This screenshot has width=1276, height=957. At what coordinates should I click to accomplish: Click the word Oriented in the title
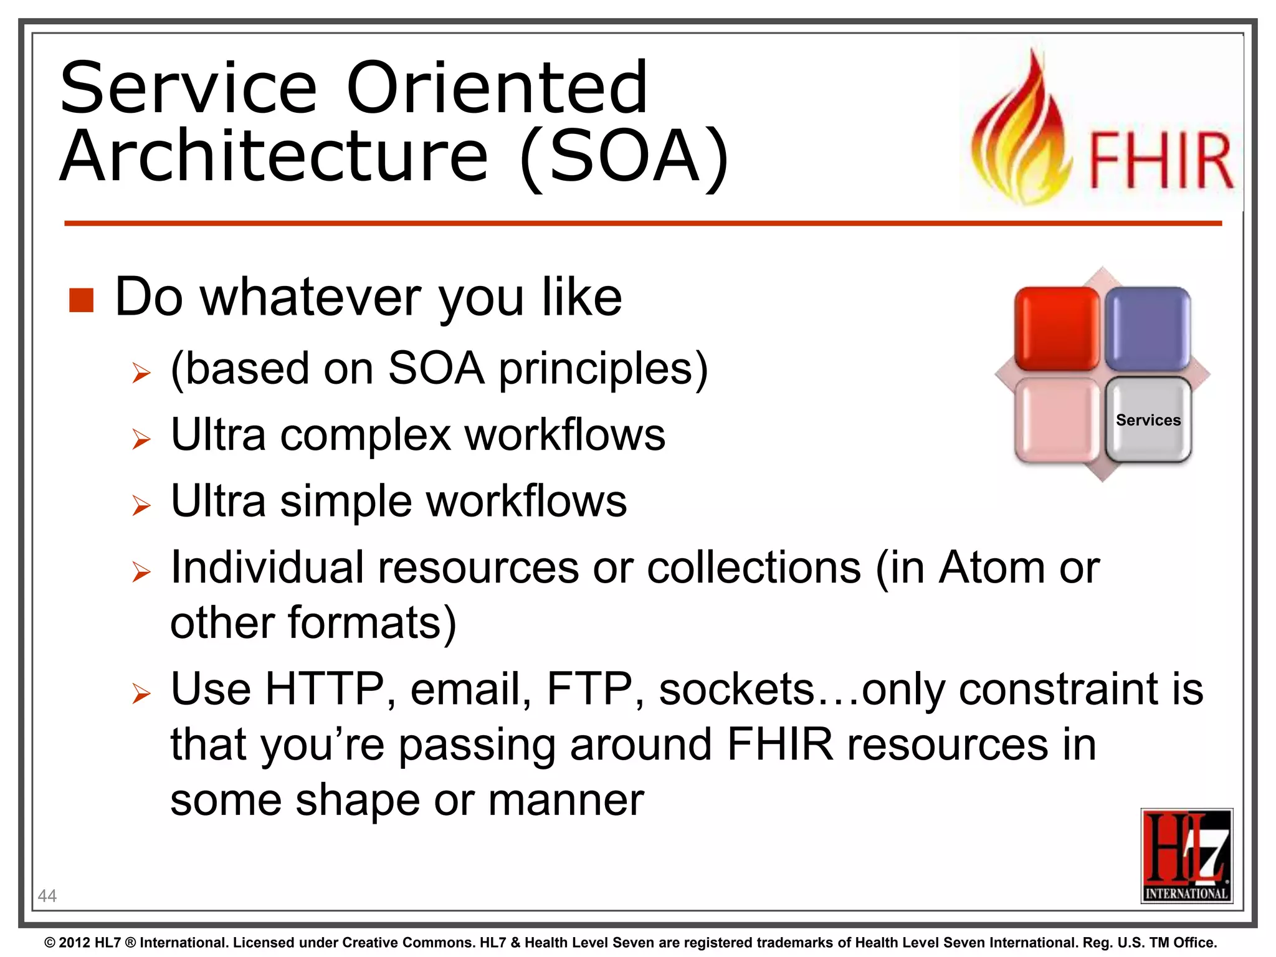497,88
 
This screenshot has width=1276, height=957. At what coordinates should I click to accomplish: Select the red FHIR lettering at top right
1161,161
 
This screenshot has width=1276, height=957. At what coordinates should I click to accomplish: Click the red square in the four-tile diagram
1057,329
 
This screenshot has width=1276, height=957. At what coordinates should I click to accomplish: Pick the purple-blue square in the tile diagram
1148,329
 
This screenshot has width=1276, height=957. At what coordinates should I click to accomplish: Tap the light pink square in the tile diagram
1057,420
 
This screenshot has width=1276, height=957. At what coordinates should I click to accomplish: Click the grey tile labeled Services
1148,420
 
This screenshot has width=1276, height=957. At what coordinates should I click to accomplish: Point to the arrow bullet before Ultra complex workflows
141,439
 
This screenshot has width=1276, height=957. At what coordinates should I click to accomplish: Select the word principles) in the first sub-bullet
603,369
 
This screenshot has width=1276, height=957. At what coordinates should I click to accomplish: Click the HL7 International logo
1186,855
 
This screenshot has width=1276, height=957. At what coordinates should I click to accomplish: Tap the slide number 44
47,896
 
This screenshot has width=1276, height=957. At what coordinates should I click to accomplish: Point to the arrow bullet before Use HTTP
141,693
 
